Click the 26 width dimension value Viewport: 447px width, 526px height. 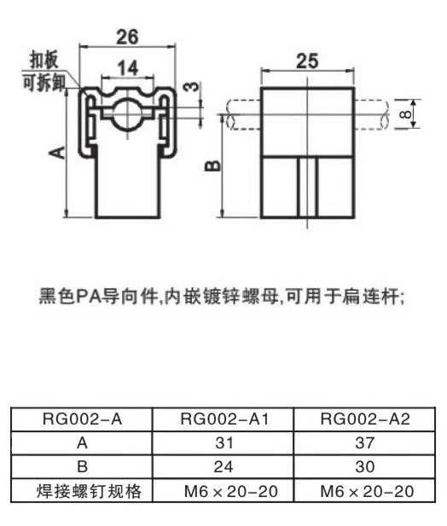point(127,37)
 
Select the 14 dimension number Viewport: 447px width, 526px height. point(128,67)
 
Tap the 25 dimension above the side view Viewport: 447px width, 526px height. point(307,61)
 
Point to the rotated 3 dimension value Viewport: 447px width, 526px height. point(192,87)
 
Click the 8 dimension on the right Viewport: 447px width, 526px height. point(406,114)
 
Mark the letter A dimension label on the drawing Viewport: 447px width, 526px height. point(57,153)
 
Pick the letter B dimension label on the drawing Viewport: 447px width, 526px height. point(212,165)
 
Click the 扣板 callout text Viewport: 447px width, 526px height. point(44,60)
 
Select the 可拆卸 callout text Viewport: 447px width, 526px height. point(44,82)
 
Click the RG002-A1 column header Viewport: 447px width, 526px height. point(224,419)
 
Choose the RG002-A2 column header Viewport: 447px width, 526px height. point(365,419)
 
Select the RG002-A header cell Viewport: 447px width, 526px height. point(82,419)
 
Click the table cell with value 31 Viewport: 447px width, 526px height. point(223,442)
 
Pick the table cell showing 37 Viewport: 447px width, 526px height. point(365,442)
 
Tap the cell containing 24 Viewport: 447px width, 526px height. point(223,466)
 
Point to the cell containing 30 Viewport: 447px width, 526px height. point(365,466)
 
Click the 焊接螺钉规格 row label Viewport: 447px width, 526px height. point(89,491)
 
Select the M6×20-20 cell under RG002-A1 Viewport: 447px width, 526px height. point(231,491)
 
